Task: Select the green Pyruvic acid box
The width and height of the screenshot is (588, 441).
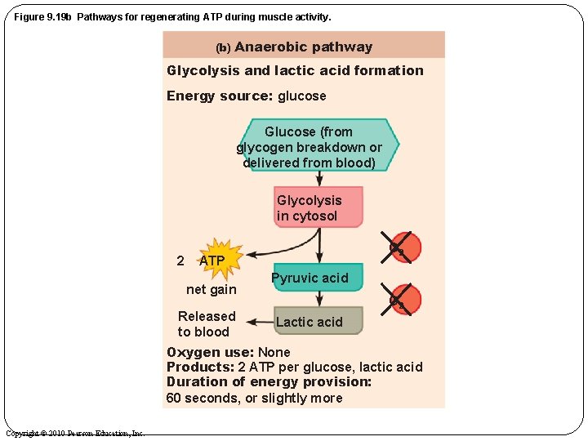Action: pos(318,278)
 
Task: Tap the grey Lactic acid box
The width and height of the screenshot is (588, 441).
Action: pos(318,321)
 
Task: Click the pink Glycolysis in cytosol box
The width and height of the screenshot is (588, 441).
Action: pos(318,207)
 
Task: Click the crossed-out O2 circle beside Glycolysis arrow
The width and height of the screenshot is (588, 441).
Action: pos(401,247)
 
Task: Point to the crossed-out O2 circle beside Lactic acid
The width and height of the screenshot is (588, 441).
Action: pos(401,299)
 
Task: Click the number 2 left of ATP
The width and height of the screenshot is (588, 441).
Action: pos(180,261)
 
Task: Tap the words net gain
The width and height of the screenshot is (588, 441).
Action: pos(211,289)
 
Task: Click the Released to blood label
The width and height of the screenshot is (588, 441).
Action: pos(206,323)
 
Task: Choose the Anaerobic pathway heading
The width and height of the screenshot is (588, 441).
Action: pos(303,47)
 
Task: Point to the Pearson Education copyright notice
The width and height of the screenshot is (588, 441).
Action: pos(75,433)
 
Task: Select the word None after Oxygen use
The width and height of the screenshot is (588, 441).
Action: pos(274,352)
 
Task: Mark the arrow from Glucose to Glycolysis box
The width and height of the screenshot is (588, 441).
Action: pos(319,179)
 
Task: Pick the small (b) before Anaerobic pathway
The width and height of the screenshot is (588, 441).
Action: pos(223,48)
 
